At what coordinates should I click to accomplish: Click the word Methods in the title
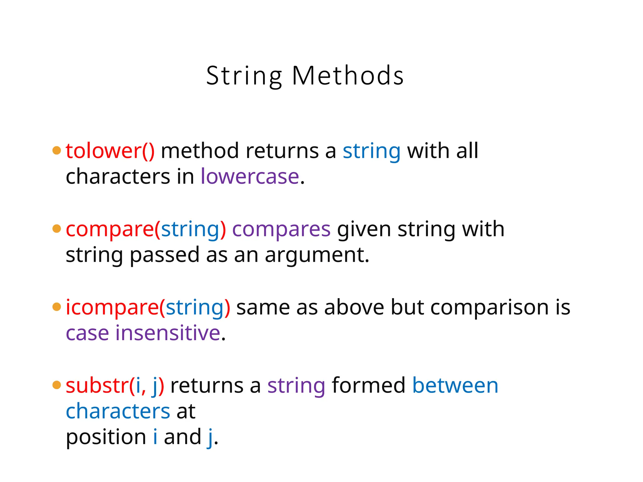(348, 76)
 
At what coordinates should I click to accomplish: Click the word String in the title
(244, 76)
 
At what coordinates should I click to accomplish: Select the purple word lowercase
(250, 176)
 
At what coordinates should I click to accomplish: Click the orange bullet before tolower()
(57, 150)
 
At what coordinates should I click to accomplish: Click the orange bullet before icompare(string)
(57, 307)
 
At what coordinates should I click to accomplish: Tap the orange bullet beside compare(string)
(57, 229)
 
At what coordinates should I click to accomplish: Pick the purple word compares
(281, 229)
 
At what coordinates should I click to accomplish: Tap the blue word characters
(118, 411)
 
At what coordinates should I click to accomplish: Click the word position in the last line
(106, 437)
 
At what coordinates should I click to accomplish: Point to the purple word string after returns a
(296, 386)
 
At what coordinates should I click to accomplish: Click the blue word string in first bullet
(371, 151)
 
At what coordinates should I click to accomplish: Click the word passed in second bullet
(165, 255)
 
